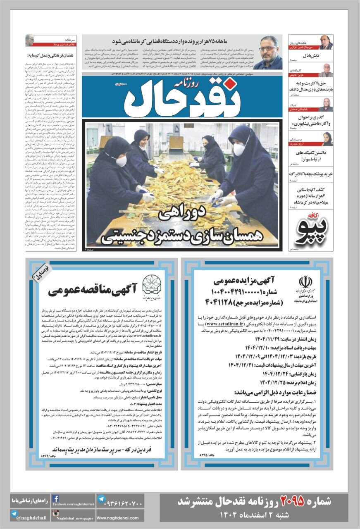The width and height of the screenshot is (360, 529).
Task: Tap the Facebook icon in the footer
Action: pyautogui.click(x=55, y=499)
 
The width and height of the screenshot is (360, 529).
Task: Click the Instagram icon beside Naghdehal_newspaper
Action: pyautogui.click(x=55, y=514)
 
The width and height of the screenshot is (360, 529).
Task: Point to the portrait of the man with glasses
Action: pyautogui.click(x=267, y=52)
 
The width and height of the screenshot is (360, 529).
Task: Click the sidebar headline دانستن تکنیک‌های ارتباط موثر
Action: pyautogui.click(x=305, y=156)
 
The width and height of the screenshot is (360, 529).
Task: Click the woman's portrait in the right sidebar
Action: pyautogui.click(x=326, y=139)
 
